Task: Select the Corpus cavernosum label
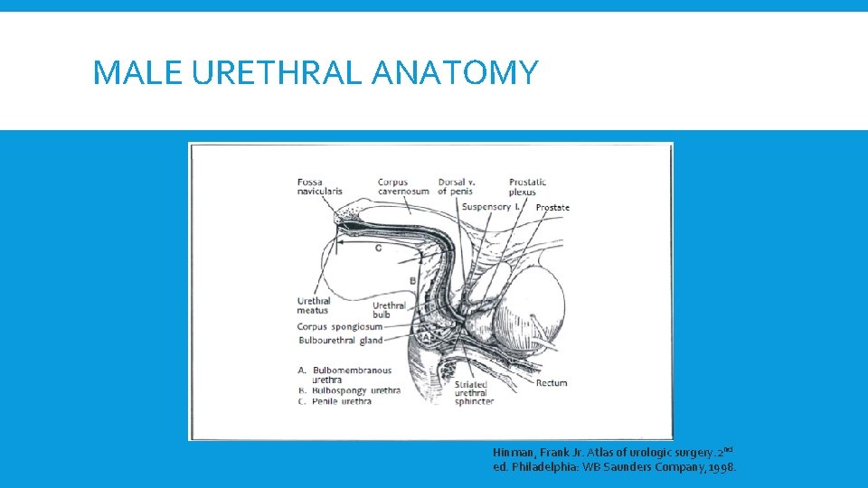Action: point(403,186)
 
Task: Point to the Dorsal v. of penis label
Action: point(455,186)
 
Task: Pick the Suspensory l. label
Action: point(489,207)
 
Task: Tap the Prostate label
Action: point(552,208)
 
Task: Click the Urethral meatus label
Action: point(314,305)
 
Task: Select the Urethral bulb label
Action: point(389,310)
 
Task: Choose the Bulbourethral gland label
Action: point(340,341)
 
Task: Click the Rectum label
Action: point(552,383)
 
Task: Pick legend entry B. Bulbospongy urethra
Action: point(348,390)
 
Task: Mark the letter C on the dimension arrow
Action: point(378,247)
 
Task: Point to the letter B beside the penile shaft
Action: point(412,281)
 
